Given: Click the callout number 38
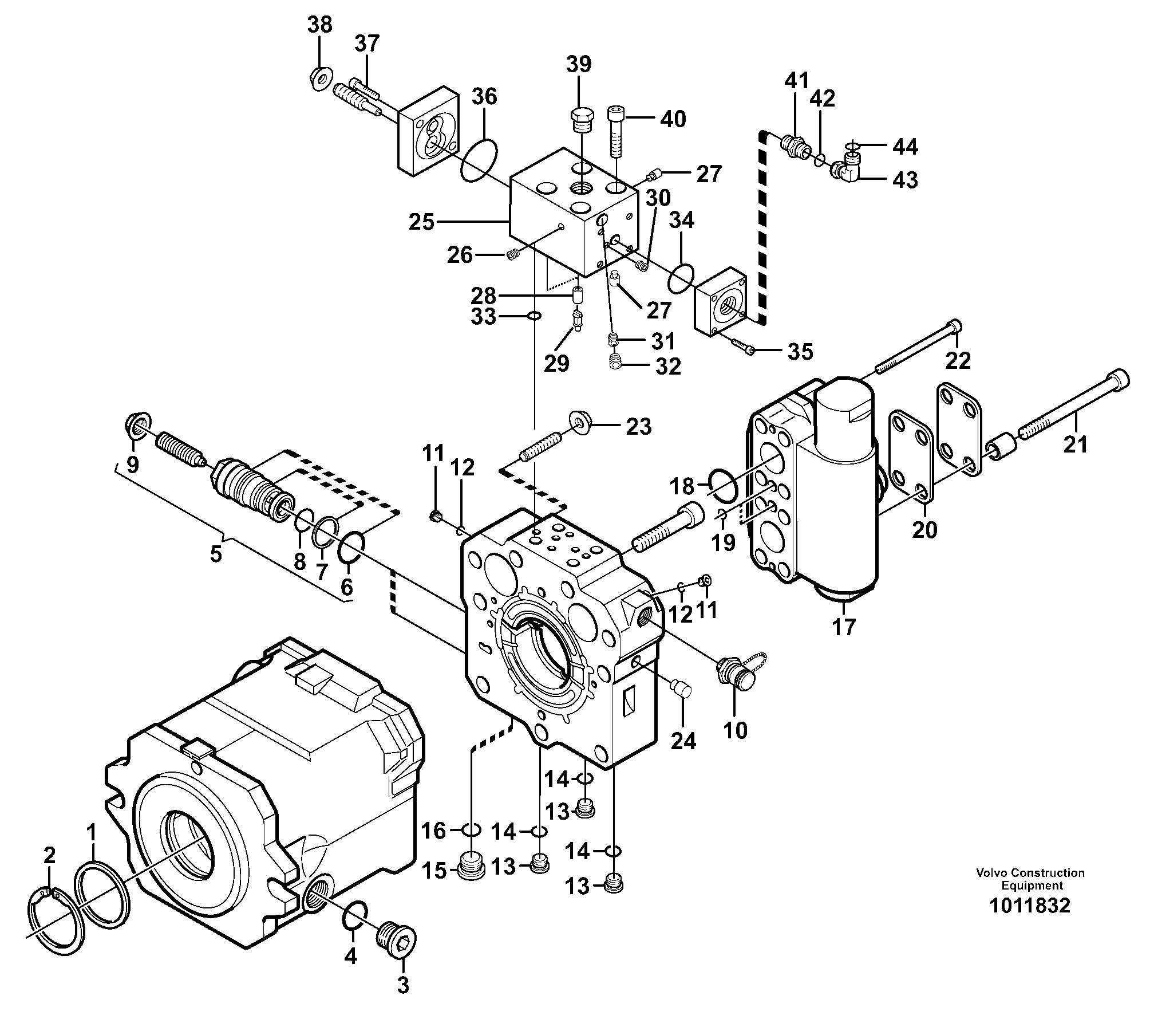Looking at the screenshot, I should (319, 25).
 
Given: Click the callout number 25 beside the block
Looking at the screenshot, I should (422, 222).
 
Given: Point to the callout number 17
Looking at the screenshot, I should (843, 628).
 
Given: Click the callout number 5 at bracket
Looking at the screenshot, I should (215, 554).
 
